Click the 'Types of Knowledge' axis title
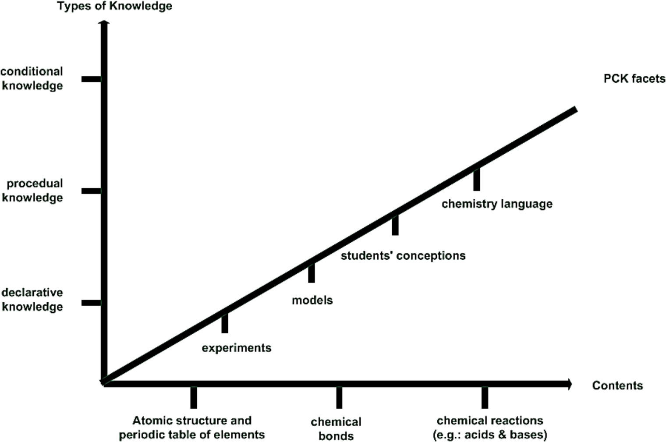tap(114, 6)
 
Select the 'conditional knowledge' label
tap(32, 78)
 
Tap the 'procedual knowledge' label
tap(33, 191)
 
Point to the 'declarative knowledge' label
tap(32, 300)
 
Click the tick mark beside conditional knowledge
tap(91, 79)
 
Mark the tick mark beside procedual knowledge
tap(91, 191)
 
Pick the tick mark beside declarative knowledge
tap(91, 303)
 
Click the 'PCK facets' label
tap(634, 79)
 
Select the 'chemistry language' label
tap(497, 204)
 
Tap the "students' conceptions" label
tap(403, 255)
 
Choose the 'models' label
tap(312, 300)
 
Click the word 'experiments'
tap(236, 348)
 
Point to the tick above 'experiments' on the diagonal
tap(225, 323)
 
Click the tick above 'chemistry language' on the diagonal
tap(477, 179)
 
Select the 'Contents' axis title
tap(617, 385)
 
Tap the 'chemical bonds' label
tap(336, 429)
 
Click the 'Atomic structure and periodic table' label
tap(192, 428)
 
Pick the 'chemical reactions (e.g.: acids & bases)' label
tap(490, 428)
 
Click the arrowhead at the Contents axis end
tap(569, 384)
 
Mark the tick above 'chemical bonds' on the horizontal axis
tap(339, 397)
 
